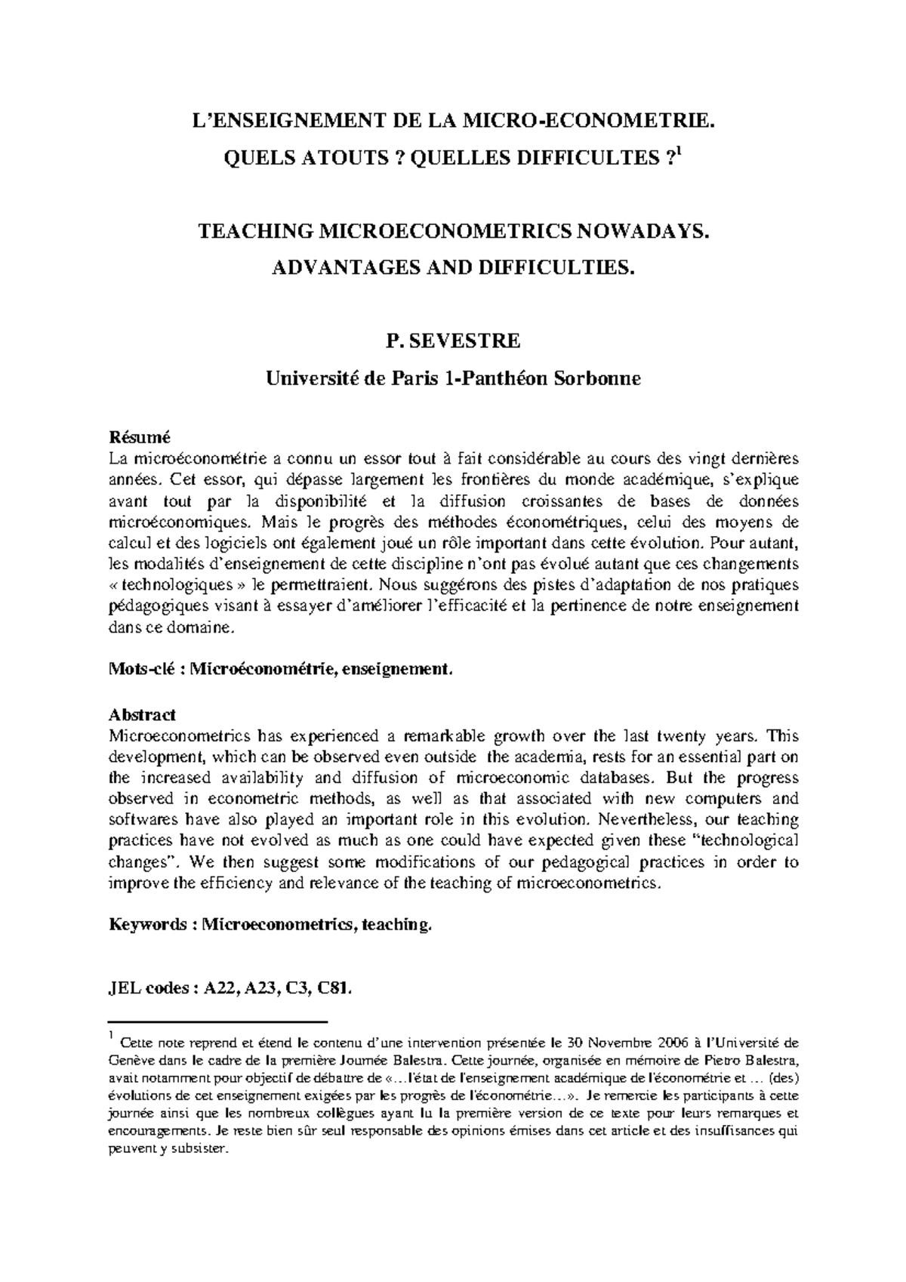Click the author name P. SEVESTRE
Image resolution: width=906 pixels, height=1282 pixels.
[x=453, y=341]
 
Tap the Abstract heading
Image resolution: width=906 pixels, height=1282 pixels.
[x=142, y=714]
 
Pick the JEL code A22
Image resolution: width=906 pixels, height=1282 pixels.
[x=221, y=988]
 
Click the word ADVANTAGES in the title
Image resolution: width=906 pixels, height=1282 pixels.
[x=347, y=268]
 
